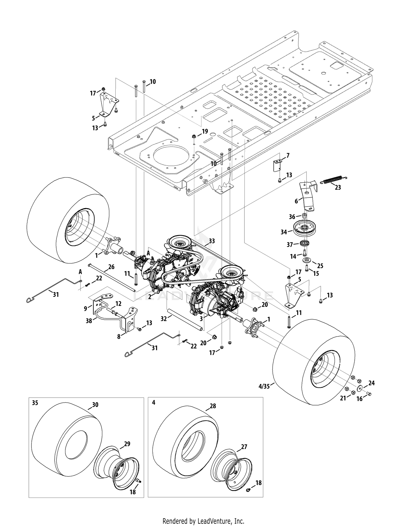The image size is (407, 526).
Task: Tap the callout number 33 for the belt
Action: pos(212,241)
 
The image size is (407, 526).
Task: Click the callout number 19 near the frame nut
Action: pos(205,131)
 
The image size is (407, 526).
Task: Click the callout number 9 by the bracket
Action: pos(86,308)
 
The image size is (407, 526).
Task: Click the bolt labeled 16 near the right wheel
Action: pos(368,393)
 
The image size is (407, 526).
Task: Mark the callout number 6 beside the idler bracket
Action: pos(296,201)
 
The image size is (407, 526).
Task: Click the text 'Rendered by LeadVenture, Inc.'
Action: pos(203,513)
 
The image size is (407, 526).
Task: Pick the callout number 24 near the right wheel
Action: pos(371,383)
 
